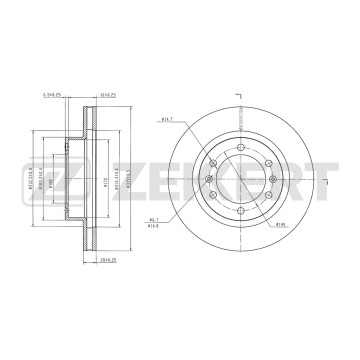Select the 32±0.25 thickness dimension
(x=109, y=97)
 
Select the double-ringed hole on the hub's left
(x=210, y=181)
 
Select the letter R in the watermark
(x=270, y=181)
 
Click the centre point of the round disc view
(x=239, y=181)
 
